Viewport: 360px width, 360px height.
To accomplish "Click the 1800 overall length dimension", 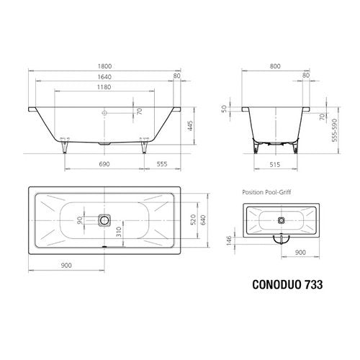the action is (x=104, y=66).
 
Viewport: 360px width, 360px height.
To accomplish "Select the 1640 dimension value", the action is (x=104, y=77).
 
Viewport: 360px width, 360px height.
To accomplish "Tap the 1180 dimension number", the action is (x=104, y=87).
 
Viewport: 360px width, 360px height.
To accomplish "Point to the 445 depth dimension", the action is (x=190, y=126).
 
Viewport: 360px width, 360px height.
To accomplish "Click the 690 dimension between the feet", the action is (x=104, y=164).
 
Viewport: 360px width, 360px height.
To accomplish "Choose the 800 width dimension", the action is (x=275, y=66).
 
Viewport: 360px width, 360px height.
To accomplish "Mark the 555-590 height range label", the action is (x=335, y=130).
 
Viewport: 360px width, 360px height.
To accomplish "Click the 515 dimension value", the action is (x=275, y=165).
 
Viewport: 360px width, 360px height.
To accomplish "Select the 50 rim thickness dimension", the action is (x=224, y=109).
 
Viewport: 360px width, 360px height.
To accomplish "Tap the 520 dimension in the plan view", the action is (x=193, y=220).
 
